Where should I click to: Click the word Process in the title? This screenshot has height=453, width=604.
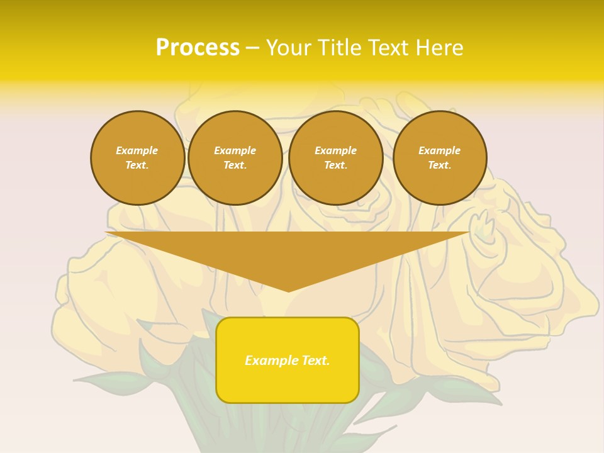[198, 48]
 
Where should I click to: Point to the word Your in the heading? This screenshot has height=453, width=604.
[289, 48]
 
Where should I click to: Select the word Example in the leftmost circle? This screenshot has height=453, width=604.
[137, 150]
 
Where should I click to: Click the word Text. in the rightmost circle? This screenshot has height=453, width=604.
[439, 165]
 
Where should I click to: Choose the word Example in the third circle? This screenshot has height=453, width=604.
[335, 150]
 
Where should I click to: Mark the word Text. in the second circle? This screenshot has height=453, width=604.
[235, 165]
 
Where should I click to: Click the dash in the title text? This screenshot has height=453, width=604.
[252, 48]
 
